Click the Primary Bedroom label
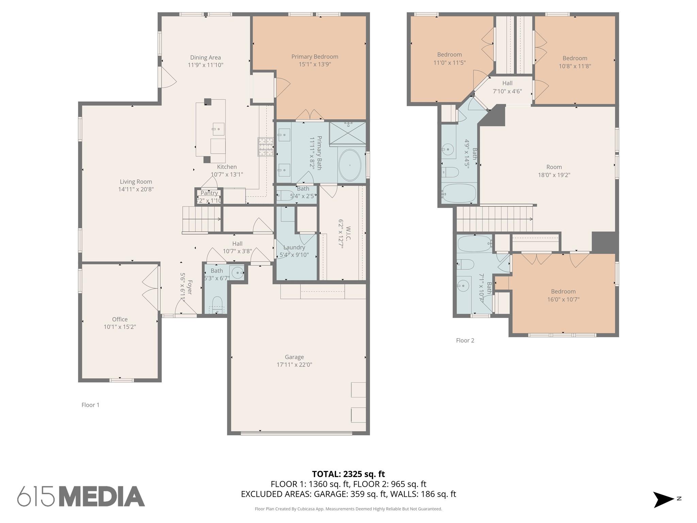point(314,57)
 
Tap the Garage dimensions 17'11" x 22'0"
point(294,365)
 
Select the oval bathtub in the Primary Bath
point(350,165)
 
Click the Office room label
point(120,319)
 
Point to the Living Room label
point(136,182)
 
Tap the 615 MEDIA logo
point(81,496)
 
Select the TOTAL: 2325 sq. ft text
point(348,474)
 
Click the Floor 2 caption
point(465,340)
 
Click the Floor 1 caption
point(90,405)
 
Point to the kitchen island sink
point(218,129)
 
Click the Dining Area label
point(205,58)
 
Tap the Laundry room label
point(294,248)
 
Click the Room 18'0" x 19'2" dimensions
point(554,175)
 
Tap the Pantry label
point(209,193)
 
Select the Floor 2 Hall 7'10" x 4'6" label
point(507,83)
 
